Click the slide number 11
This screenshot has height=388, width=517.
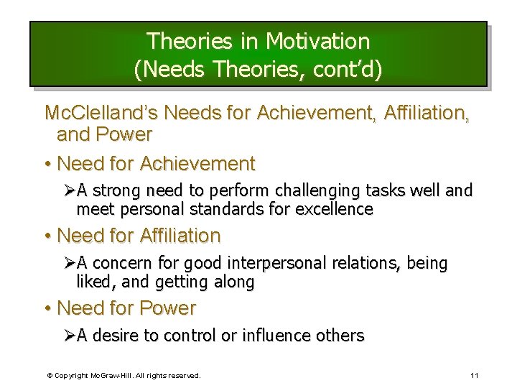point(475,375)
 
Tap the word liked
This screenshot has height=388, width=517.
point(93,282)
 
